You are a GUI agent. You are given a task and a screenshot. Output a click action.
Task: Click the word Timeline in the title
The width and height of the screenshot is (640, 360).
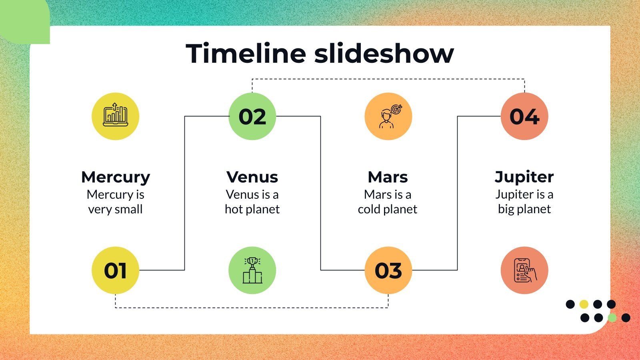pyautogui.click(x=246, y=54)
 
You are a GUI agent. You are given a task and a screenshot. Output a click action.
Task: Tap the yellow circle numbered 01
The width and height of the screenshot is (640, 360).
pyautogui.click(x=115, y=270)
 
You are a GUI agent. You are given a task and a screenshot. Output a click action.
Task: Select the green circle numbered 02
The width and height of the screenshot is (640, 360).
pyautogui.click(x=252, y=116)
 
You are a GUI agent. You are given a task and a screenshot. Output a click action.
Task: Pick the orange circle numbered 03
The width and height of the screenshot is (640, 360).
pyautogui.click(x=388, y=270)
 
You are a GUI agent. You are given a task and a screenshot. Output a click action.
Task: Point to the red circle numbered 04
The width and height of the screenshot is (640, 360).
pyautogui.click(x=524, y=116)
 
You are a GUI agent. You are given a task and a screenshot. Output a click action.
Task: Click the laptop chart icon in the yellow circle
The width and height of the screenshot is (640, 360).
pyautogui.click(x=115, y=116)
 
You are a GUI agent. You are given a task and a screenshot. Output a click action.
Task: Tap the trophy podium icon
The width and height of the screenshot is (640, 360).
pyautogui.click(x=252, y=270)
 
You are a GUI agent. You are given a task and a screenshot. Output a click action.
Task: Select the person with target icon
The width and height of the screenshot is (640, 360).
pyautogui.click(x=388, y=116)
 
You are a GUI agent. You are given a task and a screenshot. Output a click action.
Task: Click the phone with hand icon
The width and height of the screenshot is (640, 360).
pyautogui.click(x=524, y=270)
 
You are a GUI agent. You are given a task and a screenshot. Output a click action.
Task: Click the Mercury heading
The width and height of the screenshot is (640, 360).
pyautogui.click(x=115, y=177)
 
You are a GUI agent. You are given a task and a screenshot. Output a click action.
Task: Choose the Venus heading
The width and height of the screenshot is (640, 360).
pyautogui.click(x=252, y=177)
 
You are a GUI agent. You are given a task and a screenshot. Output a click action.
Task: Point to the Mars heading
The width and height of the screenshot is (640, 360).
pyautogui.click(x=388, y=177)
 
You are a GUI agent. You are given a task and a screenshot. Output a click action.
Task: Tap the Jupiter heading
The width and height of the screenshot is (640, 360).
pyautogui.click(x=524, y=177)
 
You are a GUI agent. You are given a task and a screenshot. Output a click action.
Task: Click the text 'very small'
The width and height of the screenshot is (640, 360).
pyautogui.click(x=115, y=209)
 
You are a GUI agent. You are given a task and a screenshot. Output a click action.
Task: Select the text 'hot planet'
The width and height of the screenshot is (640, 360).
pyautogui.click(x=252, y=209)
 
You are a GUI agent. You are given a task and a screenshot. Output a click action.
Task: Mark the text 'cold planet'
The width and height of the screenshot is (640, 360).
pyautogui.click(x=387, y=209)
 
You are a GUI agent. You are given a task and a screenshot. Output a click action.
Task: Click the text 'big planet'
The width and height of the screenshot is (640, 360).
pyautogui.click(x=524, y=209)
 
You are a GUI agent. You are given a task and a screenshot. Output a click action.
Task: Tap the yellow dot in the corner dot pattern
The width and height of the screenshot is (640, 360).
pyautogui.click(x=584, y=304)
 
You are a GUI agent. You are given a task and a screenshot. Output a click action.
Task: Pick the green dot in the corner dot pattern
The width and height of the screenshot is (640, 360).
pyautogui.click(x=612, y=318)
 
